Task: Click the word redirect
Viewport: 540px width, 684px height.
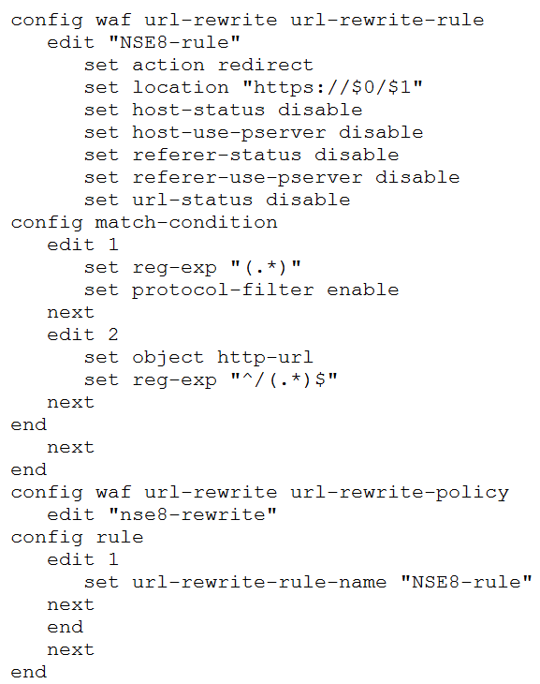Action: (x=266, y=65)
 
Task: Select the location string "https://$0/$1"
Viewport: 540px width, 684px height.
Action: (x=332, y=87)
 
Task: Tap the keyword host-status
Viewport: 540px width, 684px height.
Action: (x=198, y=110)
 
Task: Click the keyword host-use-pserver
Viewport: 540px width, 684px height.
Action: (x=228, y=133)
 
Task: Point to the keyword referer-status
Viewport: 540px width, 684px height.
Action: (x=216, y=155)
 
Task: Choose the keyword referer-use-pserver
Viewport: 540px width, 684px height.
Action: (x=247, y=178)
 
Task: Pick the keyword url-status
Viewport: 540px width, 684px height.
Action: (x=192, y=200)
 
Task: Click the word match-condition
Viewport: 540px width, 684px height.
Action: (x=186, y=222)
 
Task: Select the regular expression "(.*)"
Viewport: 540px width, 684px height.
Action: (x=266, y=267)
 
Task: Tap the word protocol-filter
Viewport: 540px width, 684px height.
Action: (x=223, y=290)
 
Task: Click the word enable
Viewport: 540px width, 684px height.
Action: (x=363, y=290)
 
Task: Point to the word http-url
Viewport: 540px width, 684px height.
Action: (x=265, y=358)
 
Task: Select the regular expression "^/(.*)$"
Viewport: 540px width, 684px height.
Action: (x=284, y=379)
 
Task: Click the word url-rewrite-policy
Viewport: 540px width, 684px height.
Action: (x=400, y=493)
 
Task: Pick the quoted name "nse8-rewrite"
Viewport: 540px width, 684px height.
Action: (x=192, y=514)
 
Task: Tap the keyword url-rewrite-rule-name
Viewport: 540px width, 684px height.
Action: (x=259, y=583)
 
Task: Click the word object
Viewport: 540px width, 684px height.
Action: (x=168, y=358)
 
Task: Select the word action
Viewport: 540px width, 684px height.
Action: (x=168, y=65)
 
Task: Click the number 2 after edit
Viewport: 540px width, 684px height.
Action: (x=113, y=335)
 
